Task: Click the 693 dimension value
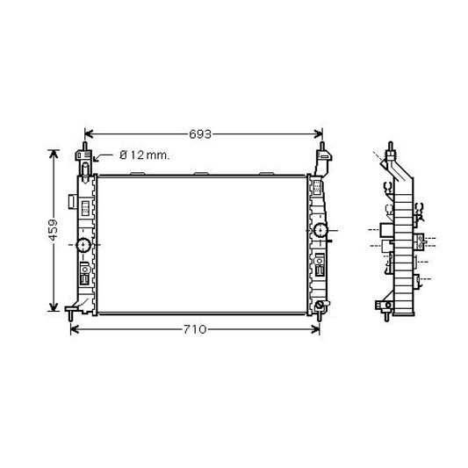tap(200, 134)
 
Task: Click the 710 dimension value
tap(195, 329)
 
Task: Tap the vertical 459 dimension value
tap(54, 230)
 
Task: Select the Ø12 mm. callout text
tap(145, 155)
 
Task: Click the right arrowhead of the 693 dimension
tap(319, 134)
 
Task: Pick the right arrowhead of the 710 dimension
tap(315, 329)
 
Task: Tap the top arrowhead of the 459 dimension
tap(54, 154)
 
